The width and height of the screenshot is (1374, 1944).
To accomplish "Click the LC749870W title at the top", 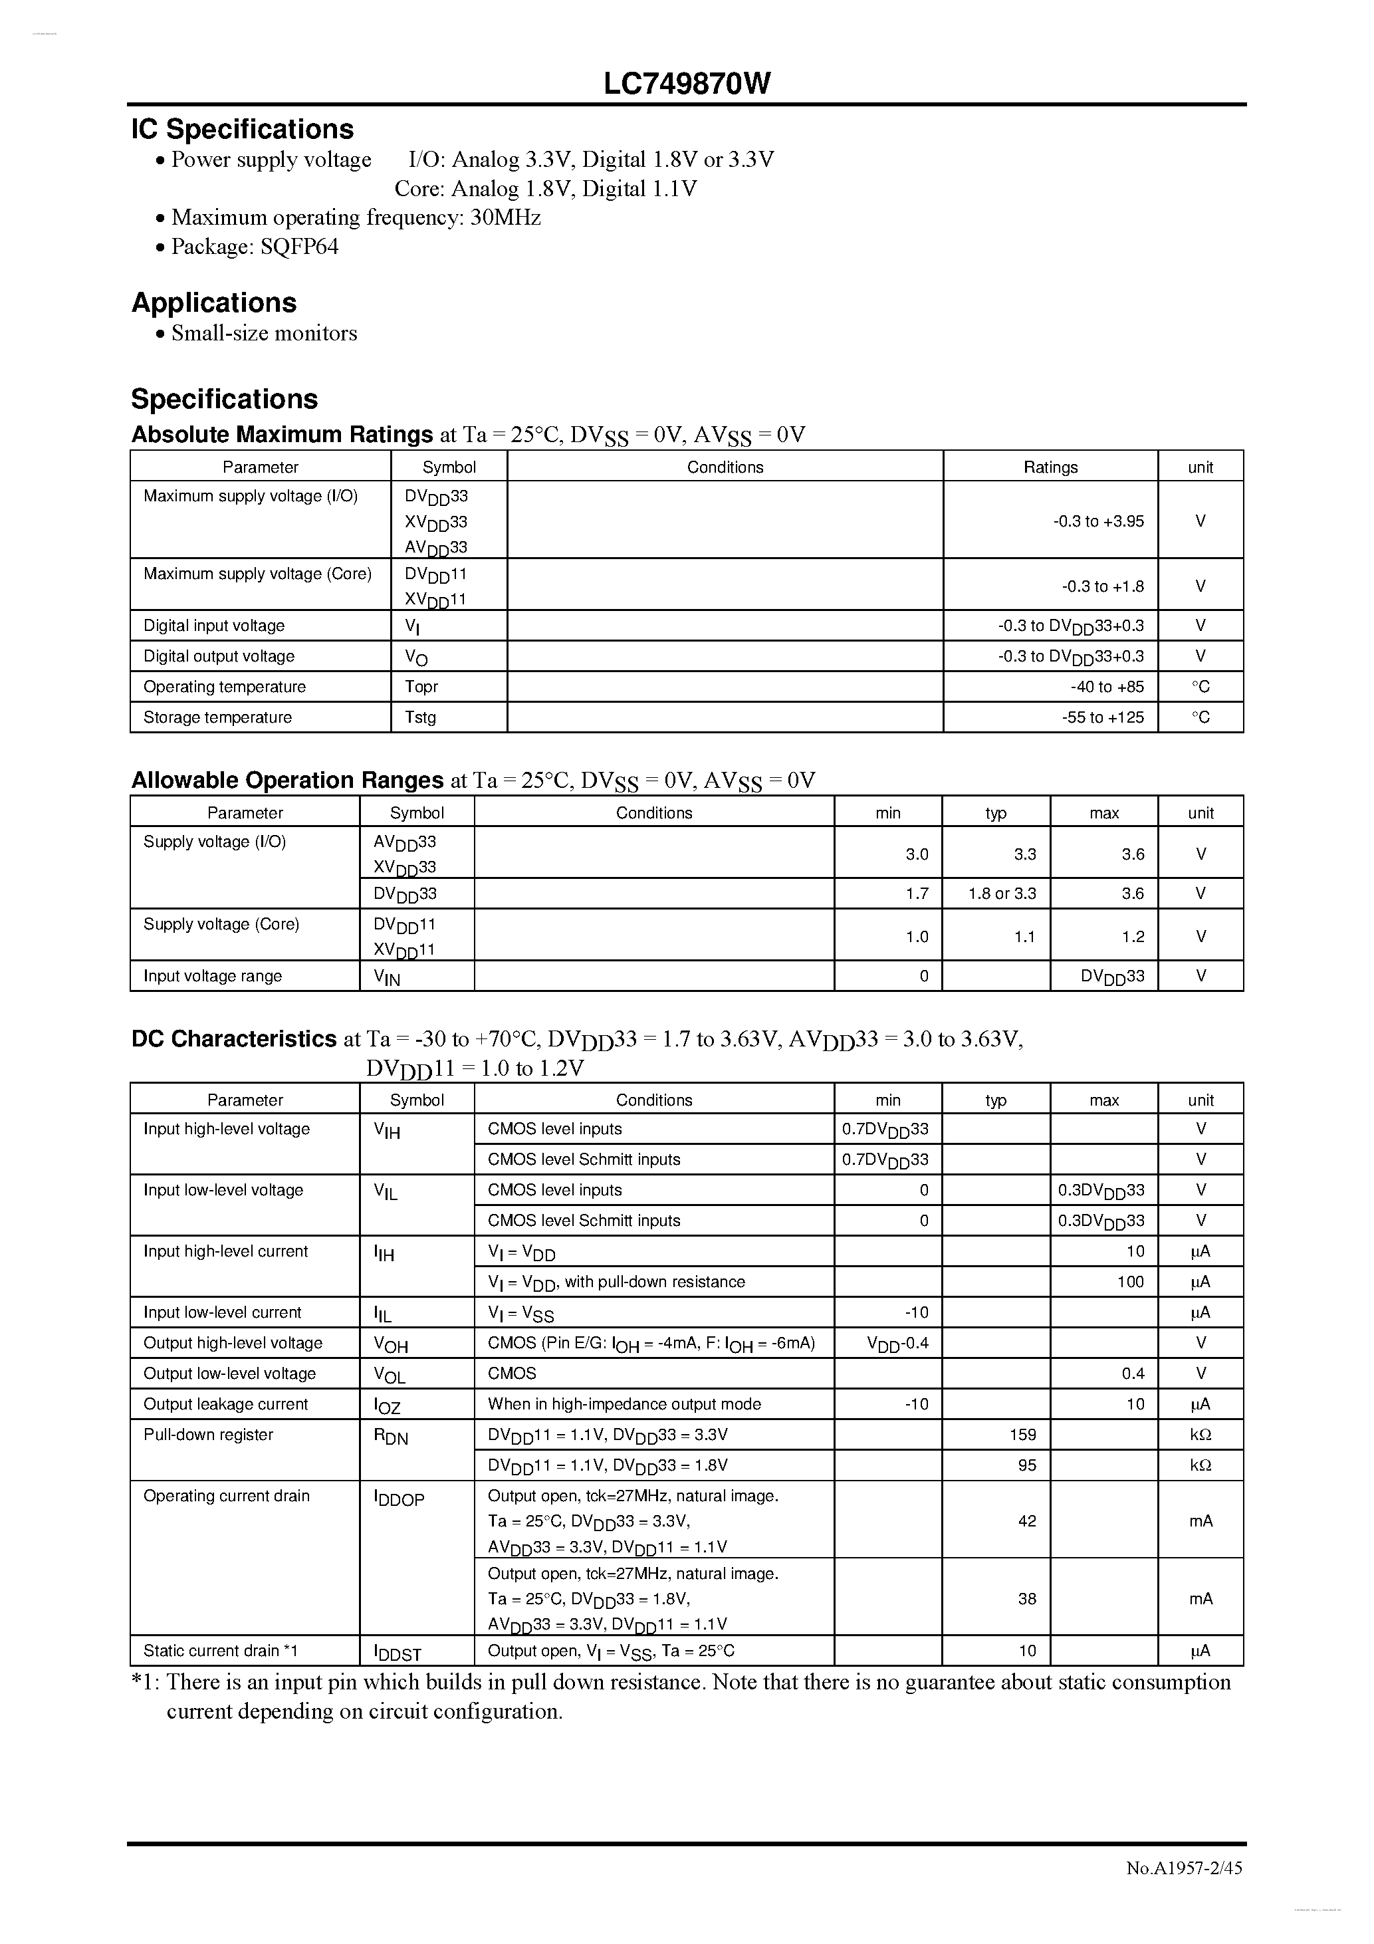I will [687, 83].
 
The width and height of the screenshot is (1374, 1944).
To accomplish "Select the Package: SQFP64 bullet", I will [254, 247].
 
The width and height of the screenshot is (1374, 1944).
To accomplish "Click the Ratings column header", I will [1050, 467].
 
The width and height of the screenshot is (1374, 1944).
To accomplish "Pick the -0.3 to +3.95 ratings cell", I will [1098, 521].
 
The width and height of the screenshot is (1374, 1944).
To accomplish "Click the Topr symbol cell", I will [421, 687].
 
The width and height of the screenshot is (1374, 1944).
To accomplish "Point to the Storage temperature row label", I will [217, 717].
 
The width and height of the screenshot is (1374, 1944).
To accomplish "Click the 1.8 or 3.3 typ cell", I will [1002, 894].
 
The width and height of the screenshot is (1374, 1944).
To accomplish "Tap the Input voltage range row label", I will [213, 975].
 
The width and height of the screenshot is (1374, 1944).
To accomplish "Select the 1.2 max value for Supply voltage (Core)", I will [1133, 937].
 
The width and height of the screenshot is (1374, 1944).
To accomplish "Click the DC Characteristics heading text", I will [234, 1039].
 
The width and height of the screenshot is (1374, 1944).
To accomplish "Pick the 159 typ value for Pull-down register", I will [1022, 1434].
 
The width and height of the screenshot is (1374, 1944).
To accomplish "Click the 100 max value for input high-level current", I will [1130, 1281].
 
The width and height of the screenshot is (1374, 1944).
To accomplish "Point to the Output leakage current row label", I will [226, 1403].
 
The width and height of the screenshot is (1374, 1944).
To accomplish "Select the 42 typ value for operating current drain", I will [1027, 1520].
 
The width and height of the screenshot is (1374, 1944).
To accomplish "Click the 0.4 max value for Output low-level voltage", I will [1133, 1374].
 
